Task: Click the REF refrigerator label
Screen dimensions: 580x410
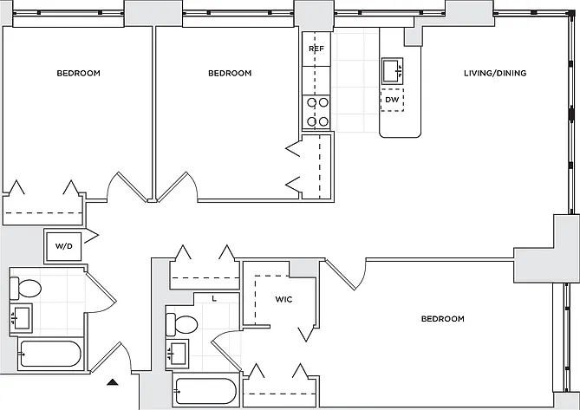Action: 316,49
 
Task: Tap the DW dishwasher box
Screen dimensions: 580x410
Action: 392,100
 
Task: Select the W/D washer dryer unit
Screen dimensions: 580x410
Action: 63,246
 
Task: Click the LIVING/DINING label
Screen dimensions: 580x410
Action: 495,73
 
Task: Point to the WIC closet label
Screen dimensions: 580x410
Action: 283,299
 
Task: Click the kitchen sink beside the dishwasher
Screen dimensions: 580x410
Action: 392,71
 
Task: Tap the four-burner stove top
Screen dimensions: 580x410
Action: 316,112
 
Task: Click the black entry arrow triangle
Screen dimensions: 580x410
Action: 113,382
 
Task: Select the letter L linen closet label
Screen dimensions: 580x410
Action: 214,299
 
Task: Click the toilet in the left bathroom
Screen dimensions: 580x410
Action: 25,289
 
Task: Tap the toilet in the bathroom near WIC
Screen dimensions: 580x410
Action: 181,324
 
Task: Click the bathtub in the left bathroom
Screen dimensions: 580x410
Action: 50,354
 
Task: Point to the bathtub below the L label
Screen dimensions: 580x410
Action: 205,391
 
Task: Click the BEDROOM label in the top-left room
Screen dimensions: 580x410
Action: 78,73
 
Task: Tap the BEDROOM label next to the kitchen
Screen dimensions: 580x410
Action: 230,73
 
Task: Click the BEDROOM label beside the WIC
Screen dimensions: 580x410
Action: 443,319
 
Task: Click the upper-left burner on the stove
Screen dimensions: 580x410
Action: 311,102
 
